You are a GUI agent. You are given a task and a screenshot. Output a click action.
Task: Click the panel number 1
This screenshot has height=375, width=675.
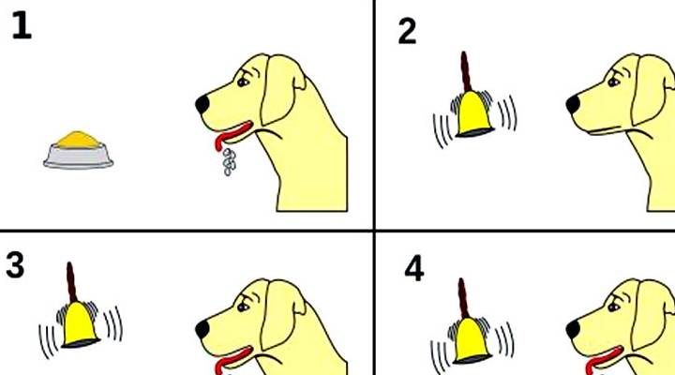21,26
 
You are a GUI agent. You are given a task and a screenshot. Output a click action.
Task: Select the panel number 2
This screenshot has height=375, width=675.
407,32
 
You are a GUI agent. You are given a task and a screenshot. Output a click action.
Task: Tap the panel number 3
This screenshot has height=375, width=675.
15,265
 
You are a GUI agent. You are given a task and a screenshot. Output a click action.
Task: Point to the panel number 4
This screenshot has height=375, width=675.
414,270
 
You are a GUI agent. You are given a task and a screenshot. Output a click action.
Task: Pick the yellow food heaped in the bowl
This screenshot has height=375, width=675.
78,140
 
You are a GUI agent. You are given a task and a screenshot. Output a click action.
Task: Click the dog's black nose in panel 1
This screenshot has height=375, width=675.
202,104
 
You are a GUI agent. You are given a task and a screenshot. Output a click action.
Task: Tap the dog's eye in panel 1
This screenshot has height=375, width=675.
243,81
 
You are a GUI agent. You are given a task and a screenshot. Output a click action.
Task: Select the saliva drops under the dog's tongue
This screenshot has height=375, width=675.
229,161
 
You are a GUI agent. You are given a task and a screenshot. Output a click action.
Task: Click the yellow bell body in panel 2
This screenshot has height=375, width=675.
473,114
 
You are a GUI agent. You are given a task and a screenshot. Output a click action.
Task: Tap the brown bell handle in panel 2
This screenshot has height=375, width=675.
465,71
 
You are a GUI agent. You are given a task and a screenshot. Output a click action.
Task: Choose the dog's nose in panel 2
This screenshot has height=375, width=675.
573,105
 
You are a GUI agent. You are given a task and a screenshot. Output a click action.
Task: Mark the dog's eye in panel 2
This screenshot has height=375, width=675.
613,81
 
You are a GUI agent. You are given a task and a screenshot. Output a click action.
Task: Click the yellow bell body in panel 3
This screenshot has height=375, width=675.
81,325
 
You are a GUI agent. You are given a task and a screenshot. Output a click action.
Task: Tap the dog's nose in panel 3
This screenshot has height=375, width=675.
202,330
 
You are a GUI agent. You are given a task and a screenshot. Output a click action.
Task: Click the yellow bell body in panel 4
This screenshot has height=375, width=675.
472,340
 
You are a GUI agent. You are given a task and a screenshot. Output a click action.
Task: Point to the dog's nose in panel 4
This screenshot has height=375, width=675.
573,330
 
